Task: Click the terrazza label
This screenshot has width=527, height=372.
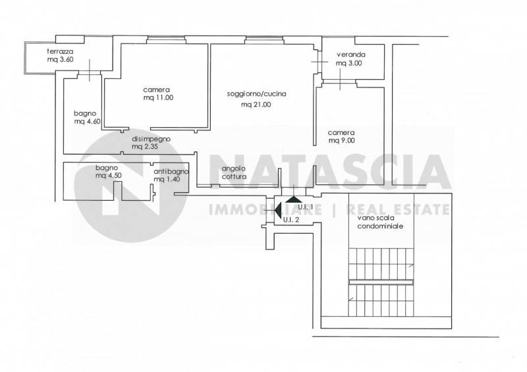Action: [60, 52]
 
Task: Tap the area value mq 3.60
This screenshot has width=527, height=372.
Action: [60, 59]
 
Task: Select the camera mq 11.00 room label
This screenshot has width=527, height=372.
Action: [158, 93]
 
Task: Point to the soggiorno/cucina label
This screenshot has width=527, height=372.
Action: [256, 94]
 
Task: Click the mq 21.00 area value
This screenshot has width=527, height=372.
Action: [256, 105]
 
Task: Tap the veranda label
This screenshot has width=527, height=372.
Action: [351, 55]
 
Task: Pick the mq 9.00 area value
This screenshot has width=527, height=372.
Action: [341, 141]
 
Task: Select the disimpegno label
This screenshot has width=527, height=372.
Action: [151, 139]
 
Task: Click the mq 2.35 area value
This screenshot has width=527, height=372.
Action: [145, 147]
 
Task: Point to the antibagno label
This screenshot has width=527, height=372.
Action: [171, 171]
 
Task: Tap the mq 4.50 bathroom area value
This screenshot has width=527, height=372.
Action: [108, 175]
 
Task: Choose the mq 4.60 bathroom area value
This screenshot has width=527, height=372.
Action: [88, 122]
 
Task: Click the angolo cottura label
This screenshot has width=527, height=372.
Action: [234, 173]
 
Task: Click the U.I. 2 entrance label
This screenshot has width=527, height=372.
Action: [291, 221]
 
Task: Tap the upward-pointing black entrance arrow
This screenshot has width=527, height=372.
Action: [294, 199]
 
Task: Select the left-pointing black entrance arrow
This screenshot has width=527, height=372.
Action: [278, 210]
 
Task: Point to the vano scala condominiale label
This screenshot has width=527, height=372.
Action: [380, 222]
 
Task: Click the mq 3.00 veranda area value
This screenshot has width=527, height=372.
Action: [349, 63]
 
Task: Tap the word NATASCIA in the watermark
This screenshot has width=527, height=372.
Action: [329, 171]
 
